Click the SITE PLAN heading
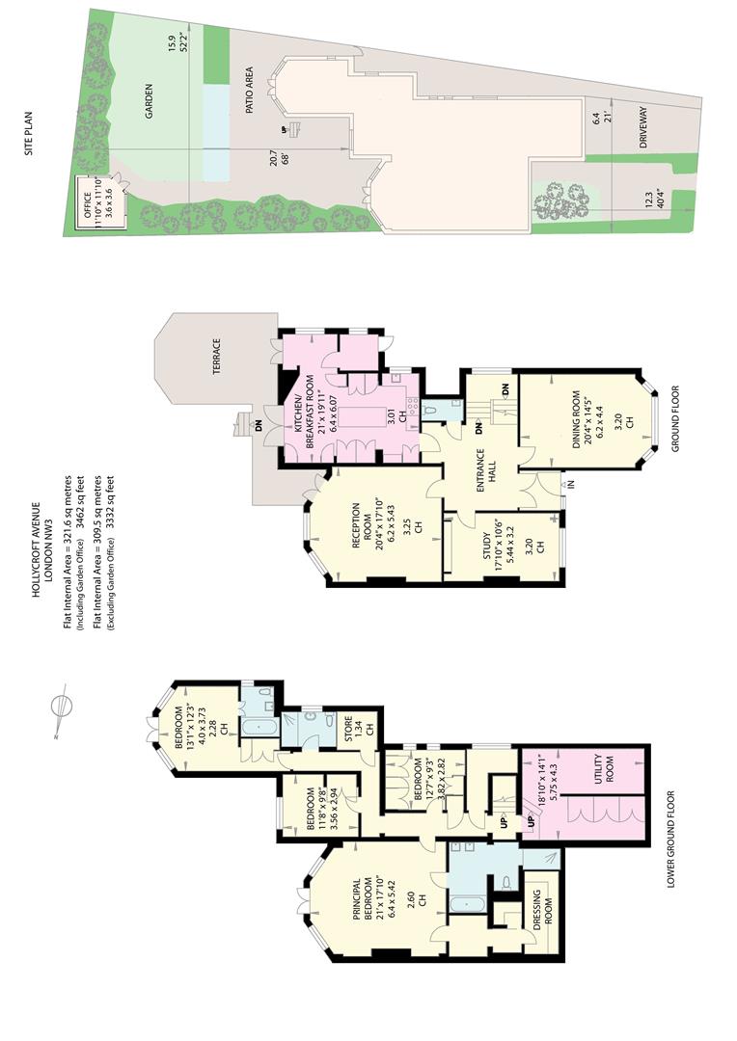coord(29,133)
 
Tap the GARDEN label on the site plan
coord(149,101)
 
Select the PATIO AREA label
coord(250,91)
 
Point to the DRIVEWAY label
coord(642,127)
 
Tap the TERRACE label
coord(217,357)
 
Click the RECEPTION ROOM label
coord(360,522)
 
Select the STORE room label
coord(348,725)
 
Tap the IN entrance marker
coord(571,485)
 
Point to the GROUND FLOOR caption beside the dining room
coord(676,419)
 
